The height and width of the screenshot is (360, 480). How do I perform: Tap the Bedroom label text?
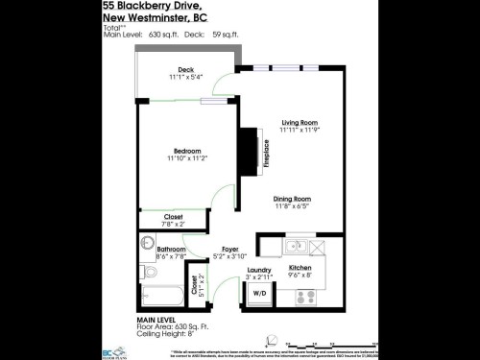tap(186, 150)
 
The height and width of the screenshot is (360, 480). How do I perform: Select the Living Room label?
tap(300, 122)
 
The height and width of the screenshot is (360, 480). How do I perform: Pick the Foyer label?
tap(229, 249)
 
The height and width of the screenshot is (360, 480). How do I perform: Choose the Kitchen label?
tap(300, 268)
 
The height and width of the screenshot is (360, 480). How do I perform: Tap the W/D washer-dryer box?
tap(259, 293)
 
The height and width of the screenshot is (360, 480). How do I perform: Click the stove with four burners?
tap(305, 298)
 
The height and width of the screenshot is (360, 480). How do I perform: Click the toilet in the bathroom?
tap(151, 273)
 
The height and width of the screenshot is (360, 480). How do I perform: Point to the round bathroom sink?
tap(149, 243)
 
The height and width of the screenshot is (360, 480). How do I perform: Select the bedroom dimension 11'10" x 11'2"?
tap(186, 158)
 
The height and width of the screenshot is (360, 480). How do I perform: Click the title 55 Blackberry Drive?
tap(143, 8)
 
